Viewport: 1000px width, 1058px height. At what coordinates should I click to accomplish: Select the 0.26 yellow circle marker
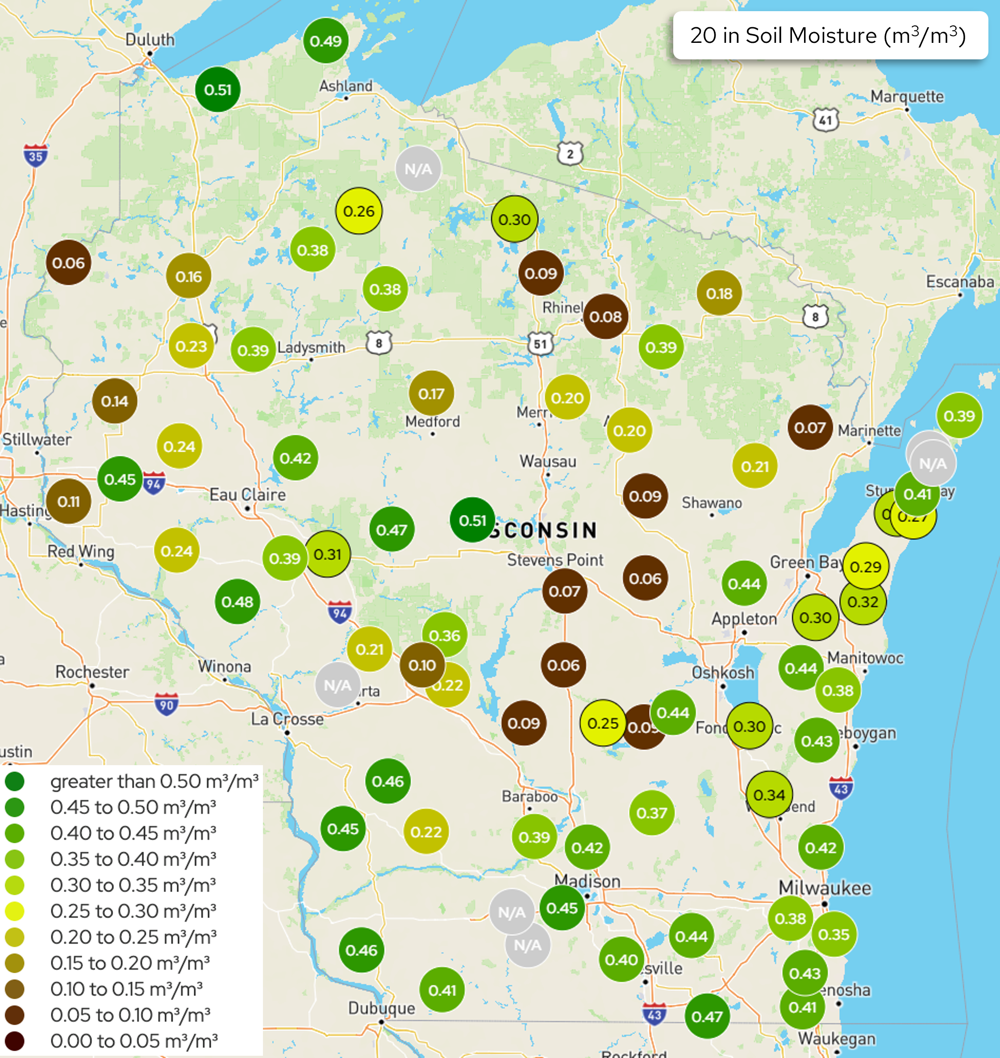359,211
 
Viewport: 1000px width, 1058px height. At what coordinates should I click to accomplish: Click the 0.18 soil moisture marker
719,293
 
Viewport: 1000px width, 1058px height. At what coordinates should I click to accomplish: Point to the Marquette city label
907,97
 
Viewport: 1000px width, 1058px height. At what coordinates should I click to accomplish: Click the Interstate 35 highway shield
35,156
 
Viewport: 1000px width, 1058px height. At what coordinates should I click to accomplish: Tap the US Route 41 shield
825,120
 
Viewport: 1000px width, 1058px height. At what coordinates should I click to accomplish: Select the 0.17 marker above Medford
431,393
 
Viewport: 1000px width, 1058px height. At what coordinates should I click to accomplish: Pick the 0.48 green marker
237,602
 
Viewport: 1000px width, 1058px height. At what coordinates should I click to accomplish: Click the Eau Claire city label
247,495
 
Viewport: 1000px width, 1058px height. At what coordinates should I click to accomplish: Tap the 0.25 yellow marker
602,723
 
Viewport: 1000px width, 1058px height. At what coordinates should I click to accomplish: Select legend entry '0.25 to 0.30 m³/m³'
133,911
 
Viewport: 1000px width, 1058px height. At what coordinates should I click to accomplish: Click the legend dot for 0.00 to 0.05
14,1041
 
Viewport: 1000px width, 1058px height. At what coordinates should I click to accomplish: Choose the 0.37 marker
651,813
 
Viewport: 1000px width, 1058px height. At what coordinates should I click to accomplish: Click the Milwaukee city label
825,888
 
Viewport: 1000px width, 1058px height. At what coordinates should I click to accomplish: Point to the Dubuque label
381,1008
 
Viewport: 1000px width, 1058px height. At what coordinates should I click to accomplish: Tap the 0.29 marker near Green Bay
865,566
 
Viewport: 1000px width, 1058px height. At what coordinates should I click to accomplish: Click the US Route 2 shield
570,154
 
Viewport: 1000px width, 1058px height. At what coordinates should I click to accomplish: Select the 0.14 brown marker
115,401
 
